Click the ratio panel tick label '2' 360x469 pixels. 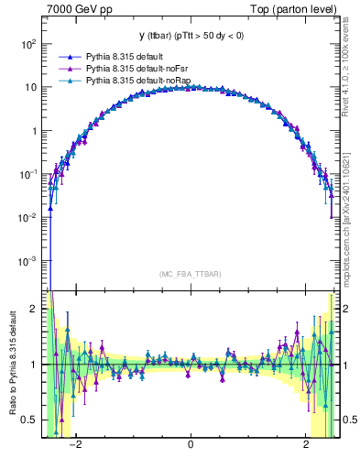(x=33, y=309)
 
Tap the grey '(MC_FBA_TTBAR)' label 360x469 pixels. (x=191, y=275)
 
